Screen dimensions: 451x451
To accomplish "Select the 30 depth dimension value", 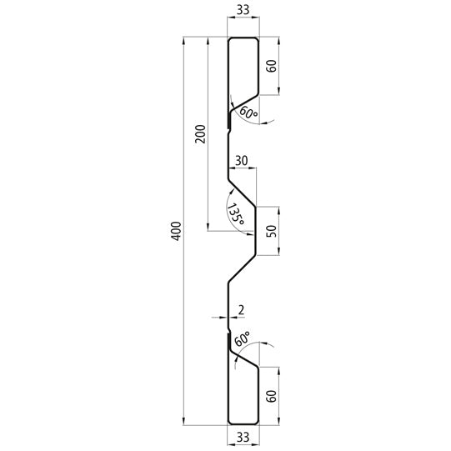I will pyautogui.click(x=242, y=160).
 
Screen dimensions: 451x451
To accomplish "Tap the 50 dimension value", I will pyautogui.click(x=270, y=231).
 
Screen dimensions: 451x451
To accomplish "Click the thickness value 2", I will pyautogui.click(x=241, y=310).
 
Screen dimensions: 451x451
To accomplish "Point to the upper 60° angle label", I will pyautogui.click(x=248, y=113).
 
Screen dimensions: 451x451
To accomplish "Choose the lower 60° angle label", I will pyautogui.click(x=242, y=339).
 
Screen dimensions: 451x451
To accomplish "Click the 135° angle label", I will pyautogui.click(x=235, y=214).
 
